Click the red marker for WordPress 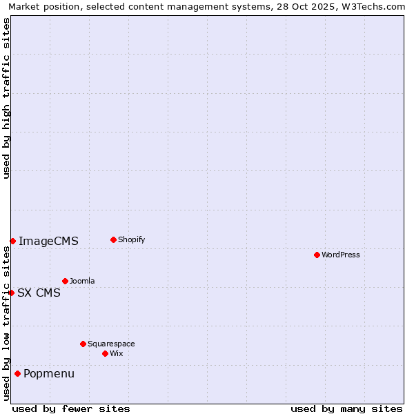pos(317,255)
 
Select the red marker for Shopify pos(113,239)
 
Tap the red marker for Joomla pos(65,281)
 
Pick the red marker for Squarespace pos(83,344)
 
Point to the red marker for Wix pos(105,353)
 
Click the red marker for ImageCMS pos(12,241)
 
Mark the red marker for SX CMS pos(11,293)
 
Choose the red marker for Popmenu pos(17,373)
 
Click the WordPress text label pos(341,255)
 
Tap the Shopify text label pos(131,239)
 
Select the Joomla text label pos(82,281)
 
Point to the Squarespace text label pos(111,344)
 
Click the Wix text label pos(116,353)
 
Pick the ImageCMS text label pos(48,241)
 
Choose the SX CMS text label pos(39,293)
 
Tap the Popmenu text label pos(49,373)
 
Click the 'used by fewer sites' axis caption pos(71,408)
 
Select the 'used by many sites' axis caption pos(346,408)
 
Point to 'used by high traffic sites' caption pos(6,98)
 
